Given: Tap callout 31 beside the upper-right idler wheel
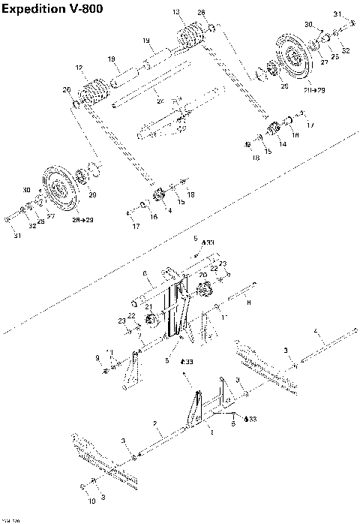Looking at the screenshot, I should point(337,14).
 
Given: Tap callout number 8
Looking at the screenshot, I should point(248,302).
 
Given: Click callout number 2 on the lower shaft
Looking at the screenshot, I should point(155,423).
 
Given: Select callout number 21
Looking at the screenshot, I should point(149,306).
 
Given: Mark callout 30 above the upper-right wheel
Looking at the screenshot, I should point(307,24).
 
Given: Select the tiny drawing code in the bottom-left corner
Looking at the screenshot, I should point(10,520).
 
